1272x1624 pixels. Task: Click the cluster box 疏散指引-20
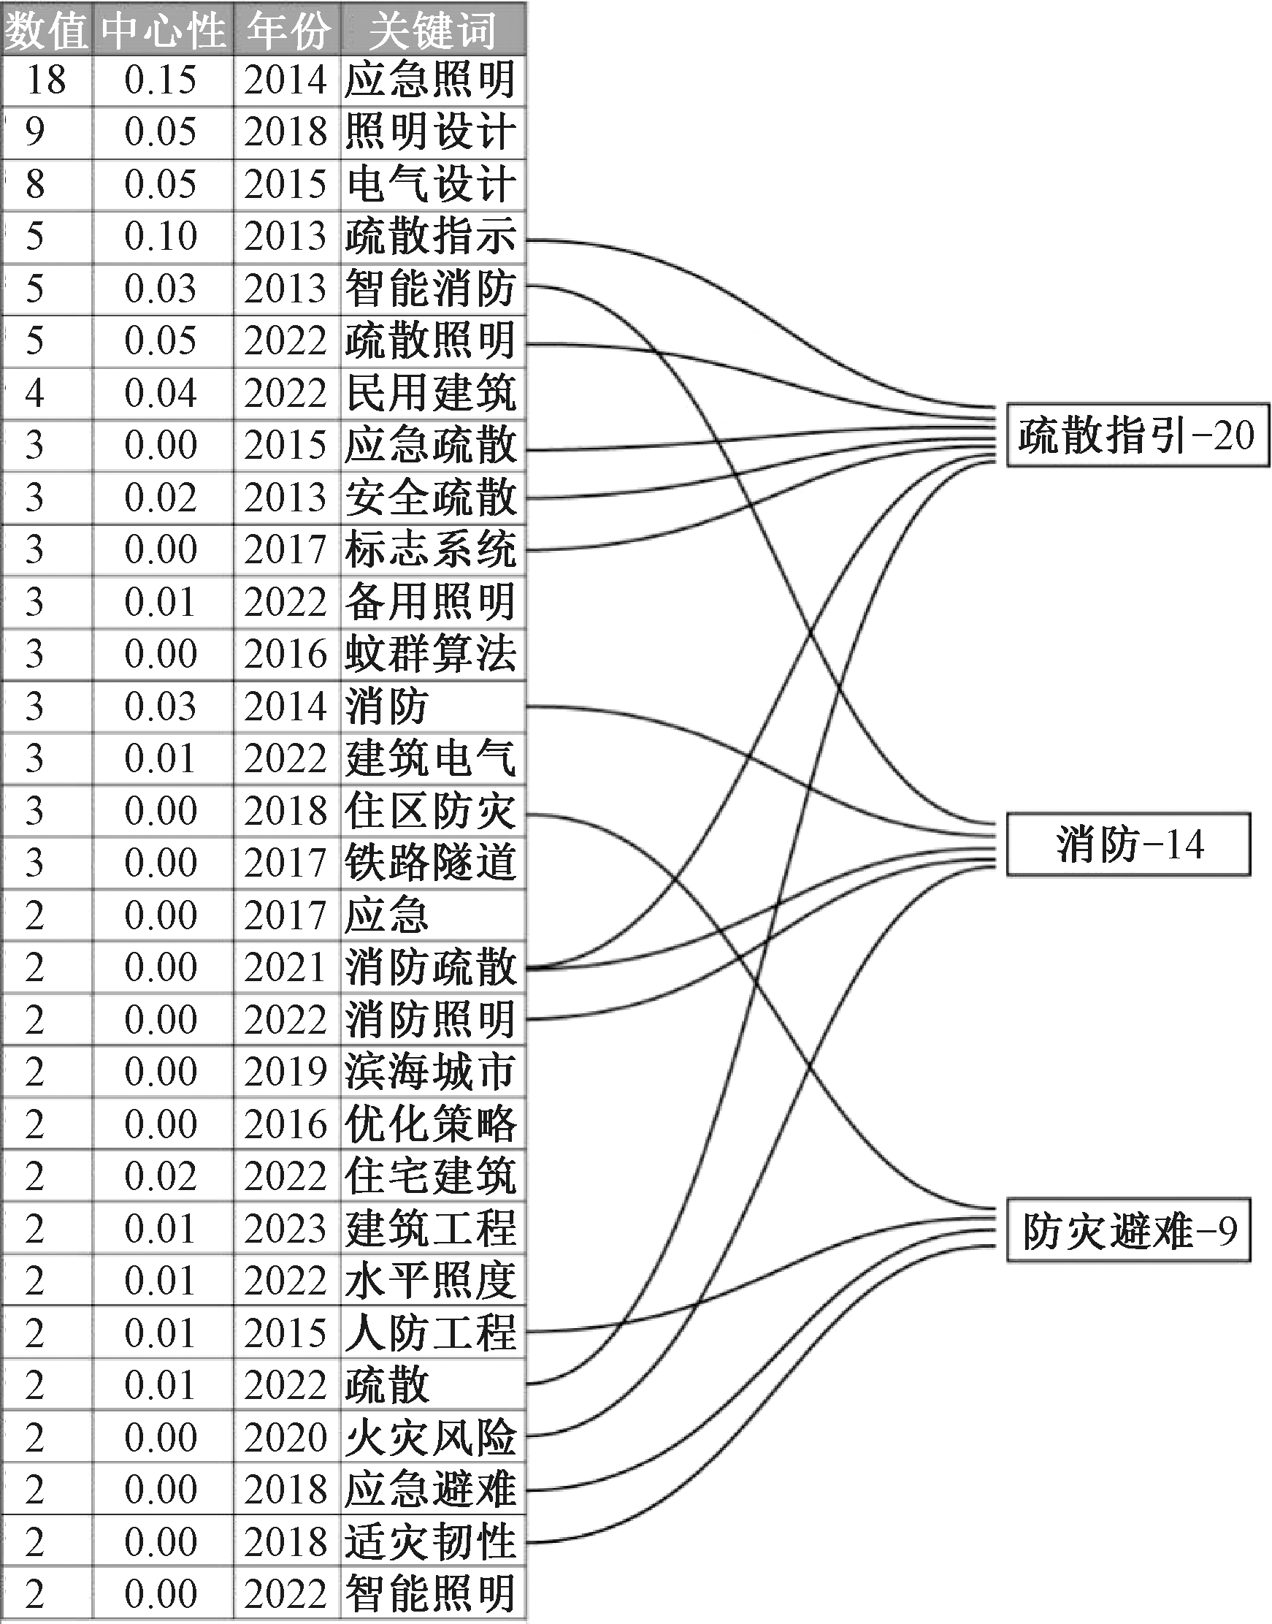tap(1137, 435)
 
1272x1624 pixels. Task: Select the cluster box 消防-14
tap(1128, 844)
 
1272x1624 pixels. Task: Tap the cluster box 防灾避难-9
tap(1128, 1231)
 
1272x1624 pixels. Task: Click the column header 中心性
tap(163, 31)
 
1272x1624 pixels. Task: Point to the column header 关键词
tap(433, 31)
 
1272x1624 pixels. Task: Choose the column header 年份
tap(288, 31)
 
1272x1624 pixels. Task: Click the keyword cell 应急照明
tap(431, 80)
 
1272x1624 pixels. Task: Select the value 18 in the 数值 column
tap(46, 80)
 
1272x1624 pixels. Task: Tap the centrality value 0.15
tap(161, 80)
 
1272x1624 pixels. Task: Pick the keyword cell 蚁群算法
tap(431, 653)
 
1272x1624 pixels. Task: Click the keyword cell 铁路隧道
tap(431, 862)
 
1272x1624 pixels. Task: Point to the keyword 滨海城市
tap(431, 1071)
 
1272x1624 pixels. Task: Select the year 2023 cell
tap(286, 1228)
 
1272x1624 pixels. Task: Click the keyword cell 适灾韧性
tap(431, 1541)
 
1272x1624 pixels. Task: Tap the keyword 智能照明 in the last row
tap(431, 1593)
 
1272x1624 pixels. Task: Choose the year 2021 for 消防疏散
tap(286, 967)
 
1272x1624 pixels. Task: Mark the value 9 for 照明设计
tap(35, 131)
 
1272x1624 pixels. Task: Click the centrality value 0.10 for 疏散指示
tap(161, 236)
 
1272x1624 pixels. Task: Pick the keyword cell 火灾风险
tap(431, 1437)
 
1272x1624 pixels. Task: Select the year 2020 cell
tap(286, 1437)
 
